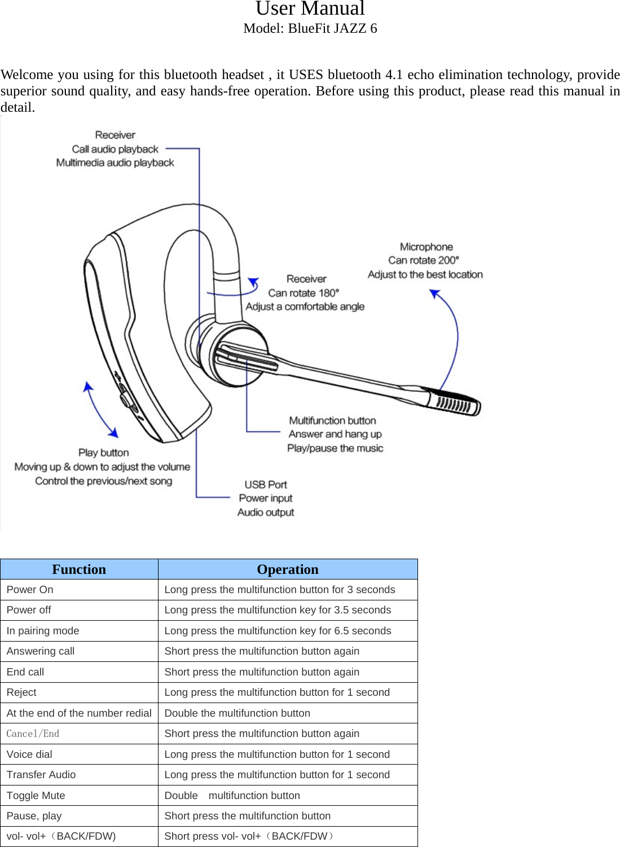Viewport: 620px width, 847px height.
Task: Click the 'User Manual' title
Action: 310,8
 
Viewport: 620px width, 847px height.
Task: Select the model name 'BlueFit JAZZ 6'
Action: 332,28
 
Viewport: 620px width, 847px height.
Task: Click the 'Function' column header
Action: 79,569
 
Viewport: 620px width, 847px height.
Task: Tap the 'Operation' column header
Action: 288,569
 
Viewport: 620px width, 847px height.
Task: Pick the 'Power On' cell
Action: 30,590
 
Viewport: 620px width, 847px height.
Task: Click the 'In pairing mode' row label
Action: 43,631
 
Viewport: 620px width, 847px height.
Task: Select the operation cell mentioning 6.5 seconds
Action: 278,631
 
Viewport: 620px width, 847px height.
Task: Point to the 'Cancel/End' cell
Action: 33,734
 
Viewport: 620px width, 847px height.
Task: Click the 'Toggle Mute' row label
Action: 36,796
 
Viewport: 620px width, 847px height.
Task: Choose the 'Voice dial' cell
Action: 29,754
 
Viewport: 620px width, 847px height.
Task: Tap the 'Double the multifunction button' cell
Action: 237,713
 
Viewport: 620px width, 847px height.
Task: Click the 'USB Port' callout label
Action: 266,485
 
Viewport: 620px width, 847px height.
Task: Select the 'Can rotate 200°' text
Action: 424,261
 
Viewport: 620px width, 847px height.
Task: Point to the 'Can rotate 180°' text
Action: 304,293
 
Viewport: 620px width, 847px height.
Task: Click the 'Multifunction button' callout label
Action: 332,420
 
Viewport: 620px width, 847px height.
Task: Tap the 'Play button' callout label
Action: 103,453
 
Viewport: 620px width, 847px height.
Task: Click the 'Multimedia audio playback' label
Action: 115,163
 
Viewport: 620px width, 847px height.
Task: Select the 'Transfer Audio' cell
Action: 41,775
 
